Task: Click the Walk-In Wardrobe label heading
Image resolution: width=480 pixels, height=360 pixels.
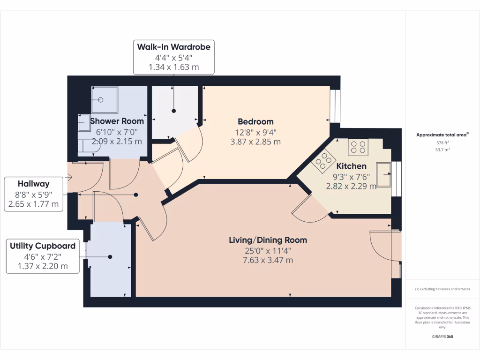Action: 173,47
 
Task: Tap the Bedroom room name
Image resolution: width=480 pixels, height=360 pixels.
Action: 255,121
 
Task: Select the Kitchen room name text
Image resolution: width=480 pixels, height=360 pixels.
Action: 351,166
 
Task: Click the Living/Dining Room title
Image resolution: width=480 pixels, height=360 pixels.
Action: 268,240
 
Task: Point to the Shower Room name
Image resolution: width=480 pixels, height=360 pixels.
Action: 117,121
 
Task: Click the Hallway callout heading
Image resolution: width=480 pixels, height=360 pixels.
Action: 33,184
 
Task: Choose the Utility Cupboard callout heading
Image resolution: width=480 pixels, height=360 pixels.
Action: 43,246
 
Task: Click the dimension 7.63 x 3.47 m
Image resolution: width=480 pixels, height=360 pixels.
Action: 268,260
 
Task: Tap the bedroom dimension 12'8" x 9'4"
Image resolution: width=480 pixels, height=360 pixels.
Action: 255,132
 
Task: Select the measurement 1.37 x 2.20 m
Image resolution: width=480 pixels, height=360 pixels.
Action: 43,266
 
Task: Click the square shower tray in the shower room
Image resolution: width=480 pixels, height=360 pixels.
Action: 102,99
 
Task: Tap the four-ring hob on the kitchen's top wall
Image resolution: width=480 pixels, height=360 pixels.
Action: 358,148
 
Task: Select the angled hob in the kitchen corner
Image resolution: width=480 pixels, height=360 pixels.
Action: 322,162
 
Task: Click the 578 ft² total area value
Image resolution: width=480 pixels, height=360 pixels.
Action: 442,142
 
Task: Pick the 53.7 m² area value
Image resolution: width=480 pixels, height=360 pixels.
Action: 442,150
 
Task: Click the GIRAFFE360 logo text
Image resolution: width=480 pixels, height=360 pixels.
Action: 442,337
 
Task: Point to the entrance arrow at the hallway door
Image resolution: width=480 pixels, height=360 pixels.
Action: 69,177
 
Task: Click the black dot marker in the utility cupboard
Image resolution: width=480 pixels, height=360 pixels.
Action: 110,256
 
